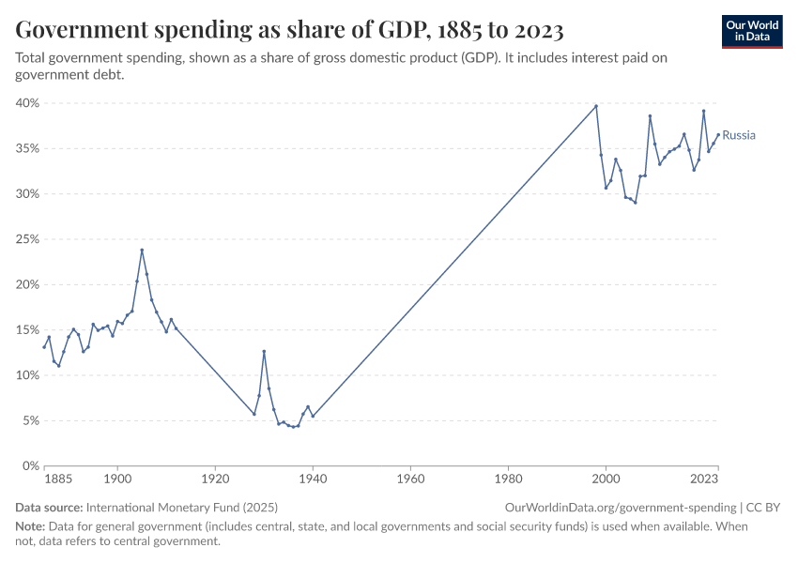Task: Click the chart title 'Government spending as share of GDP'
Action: tap(289, 30)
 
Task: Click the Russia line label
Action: tap(739, 135)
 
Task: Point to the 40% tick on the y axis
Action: tap(27, 103)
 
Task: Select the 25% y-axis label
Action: tap(27, 239)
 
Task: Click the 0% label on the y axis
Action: tap(30, 465)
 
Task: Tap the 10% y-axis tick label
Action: tap(27, 375)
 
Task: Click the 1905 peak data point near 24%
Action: tap(142, 250)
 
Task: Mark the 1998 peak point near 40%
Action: tap(596, 106)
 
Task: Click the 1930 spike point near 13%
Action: tap(264, 351)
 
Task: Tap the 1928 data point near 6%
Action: tap(254, 414)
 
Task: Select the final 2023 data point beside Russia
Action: tap(718, 134)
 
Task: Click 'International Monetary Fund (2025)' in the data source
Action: tap(181, 508)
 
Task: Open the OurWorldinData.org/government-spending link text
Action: tap(621, 508)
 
